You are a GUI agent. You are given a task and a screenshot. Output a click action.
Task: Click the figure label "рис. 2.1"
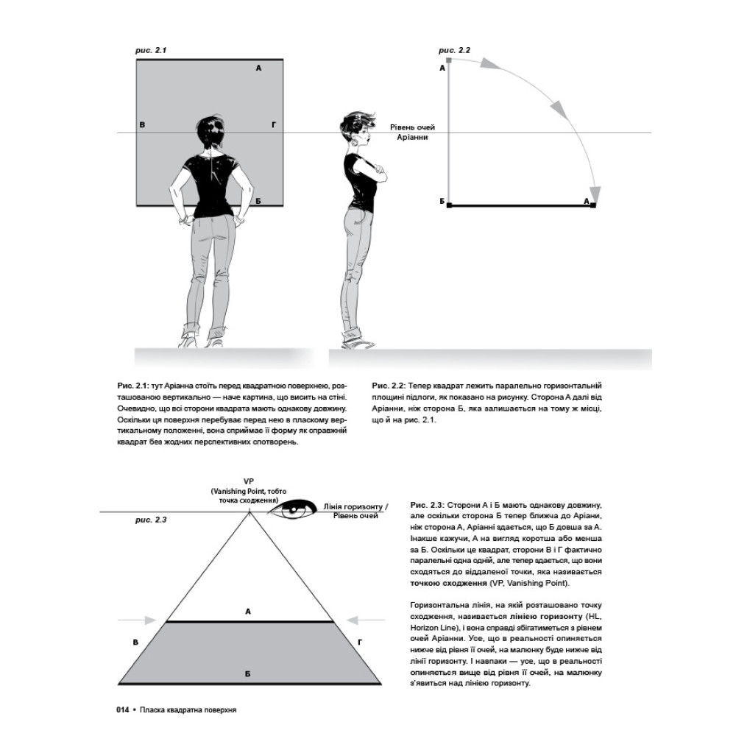tap(152, 50)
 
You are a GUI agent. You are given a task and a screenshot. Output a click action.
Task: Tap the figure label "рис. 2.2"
tap(454, 50)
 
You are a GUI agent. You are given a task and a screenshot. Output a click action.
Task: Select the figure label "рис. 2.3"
tap(151, 520)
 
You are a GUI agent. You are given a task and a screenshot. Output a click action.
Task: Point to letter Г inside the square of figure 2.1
tap(273, 125)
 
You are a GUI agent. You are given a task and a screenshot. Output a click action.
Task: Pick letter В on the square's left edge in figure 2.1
tap(142, 125)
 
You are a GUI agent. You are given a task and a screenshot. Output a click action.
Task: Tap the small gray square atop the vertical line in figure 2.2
tap(449, 59)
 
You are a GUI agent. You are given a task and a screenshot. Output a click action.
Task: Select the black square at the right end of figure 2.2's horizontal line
tap(593, 205)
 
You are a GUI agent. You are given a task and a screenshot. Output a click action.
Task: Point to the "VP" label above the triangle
tap(248, 480)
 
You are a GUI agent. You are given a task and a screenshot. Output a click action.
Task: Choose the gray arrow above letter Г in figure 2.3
tap(357, 620)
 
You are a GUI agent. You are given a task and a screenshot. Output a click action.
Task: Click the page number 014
tap(122, 710)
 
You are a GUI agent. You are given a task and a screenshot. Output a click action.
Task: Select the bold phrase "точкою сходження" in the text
tap(445, 583)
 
